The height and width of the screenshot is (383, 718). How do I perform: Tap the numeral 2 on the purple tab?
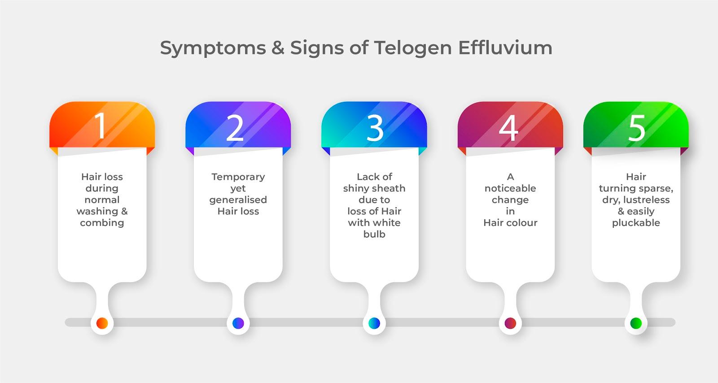tap(235, 128)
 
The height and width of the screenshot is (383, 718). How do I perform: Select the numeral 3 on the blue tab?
tap(375, 128)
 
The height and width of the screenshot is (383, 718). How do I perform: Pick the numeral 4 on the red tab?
tap(508, 128)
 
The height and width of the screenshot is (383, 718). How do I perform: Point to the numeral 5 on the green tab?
tap(637, 128)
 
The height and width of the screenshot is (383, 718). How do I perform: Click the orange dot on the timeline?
tap(102, 323)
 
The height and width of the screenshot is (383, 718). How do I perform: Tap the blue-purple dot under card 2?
tap(238, 323)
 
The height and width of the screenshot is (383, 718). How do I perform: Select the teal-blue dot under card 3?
tap(374, 323)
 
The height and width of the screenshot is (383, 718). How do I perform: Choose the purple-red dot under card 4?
tap(510, 323)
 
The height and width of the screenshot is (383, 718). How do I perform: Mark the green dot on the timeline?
tap(636, 323)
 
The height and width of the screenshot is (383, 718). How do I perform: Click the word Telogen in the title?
tap(413, 48)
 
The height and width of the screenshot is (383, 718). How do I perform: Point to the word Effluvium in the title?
tap(505, 48)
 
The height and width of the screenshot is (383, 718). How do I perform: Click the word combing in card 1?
tap(102, 223)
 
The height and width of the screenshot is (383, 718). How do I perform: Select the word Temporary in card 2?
tap(238, 177)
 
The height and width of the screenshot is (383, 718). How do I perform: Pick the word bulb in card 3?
tap(374, 234)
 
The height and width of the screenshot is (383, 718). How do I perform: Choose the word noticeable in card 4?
tap(510, 188)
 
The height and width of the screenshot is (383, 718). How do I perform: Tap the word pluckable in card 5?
tap(636, 223)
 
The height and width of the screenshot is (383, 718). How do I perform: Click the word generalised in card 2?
tap(238, 200)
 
